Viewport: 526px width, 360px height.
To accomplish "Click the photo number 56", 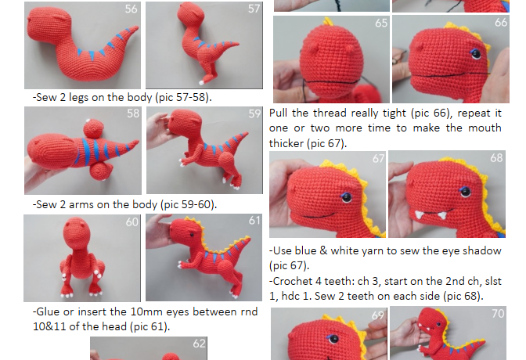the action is pyautogui.click(x=131, y=9).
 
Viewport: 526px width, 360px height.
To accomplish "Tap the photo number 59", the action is pyautogui.click(x=254, y=113).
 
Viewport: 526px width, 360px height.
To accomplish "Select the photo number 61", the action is pyautogui.click(x=254, y=221).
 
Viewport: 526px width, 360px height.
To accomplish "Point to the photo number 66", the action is pyautogui.click(x=501, y=23).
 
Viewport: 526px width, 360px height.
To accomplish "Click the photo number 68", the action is pyautogui.click(x=496, y=158).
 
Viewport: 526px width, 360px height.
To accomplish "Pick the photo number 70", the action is pyautogui.click(x=498, y=313).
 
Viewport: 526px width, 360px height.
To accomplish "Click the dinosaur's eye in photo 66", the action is pyautogui.click(x=476, y=54).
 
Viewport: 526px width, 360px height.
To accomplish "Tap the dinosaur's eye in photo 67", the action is pyautogui.click(x=347, y=197).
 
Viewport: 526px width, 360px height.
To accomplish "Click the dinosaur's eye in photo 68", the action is pyautogui.click(x=465, y=192).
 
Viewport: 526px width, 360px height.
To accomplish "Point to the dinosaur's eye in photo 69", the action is pyautogui.click(x=333, y=339).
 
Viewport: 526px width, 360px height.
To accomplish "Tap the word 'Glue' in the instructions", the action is pyautogui.click(x=48, y=312).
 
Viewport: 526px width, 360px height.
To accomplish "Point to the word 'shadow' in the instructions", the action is pyautogui.click(x=482, y=251).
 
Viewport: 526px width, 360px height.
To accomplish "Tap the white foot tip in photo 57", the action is pyautogui.click(x=201, y=82).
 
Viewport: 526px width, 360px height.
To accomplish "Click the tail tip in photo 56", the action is pyautogui.click(x=137, y=27).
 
